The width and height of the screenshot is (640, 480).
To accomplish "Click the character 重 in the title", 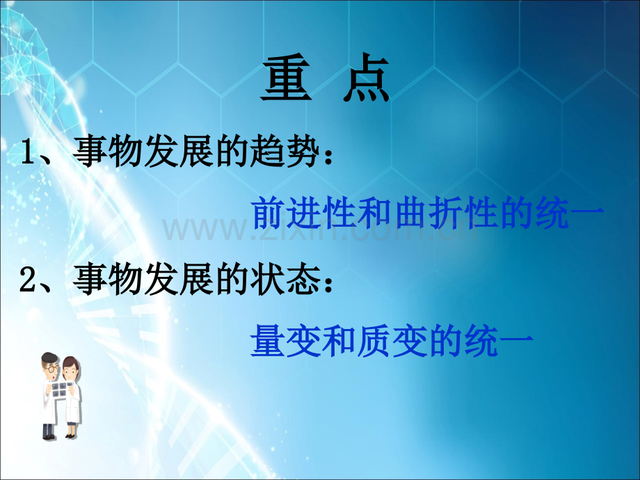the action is point(287,77).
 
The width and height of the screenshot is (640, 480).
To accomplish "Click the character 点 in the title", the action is point(366,77).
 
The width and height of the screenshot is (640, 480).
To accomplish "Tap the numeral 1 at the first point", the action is point(29,152).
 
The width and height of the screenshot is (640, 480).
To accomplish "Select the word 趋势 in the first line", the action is point(285,152).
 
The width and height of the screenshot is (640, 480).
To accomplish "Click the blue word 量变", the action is point(286,341).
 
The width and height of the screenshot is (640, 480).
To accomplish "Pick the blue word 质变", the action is point(392,341).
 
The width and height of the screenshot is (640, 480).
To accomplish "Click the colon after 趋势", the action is point(328,156).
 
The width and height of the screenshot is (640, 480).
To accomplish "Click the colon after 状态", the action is point(328,284).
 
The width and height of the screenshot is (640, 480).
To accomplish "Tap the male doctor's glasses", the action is point(51,369).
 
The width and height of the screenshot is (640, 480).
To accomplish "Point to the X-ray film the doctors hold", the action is point(59,389).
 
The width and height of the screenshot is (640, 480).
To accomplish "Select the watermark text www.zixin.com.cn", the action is point(319,230).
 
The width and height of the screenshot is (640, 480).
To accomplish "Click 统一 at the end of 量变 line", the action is point(498,341).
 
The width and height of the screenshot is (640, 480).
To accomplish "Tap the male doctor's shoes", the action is point(49,437).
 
